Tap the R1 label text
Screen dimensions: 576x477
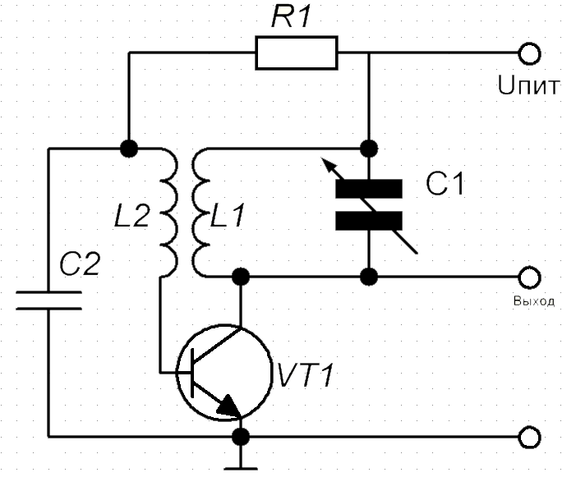[292, 17]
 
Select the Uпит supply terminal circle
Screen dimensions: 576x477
[529, 53]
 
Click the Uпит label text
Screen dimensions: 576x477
[528, 85]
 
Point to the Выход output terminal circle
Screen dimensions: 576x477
[529, 277]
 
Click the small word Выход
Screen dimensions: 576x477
[534, 301]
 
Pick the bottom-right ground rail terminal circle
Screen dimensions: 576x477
[529, 437]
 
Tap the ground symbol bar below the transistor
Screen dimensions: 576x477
[241, 469]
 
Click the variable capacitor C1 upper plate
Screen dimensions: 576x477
[369, 189]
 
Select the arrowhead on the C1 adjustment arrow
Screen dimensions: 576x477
[327, 164]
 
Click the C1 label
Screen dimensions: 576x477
[445, 184]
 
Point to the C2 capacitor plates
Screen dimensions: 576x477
[48, 300]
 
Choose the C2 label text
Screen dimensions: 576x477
[80, 264]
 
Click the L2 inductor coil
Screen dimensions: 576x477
[168, 213]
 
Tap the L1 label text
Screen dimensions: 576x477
[228, 215]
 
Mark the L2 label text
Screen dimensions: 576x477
[131, 216]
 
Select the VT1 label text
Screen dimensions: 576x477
[306, 375]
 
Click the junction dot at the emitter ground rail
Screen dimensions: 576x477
[241, 437]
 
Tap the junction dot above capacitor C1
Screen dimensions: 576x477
[369, 149]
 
